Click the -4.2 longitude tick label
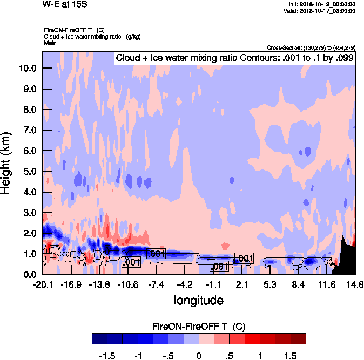tap(184, 284)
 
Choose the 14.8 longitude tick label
tap(355, 284)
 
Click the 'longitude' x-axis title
tap(198, 300)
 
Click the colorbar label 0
tap(199, 356)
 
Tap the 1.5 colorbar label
tap(291, 356)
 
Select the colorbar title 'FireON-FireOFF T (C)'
tap(199, 326)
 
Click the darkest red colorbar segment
tap(298, 338)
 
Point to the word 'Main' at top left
tap(51, 42)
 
